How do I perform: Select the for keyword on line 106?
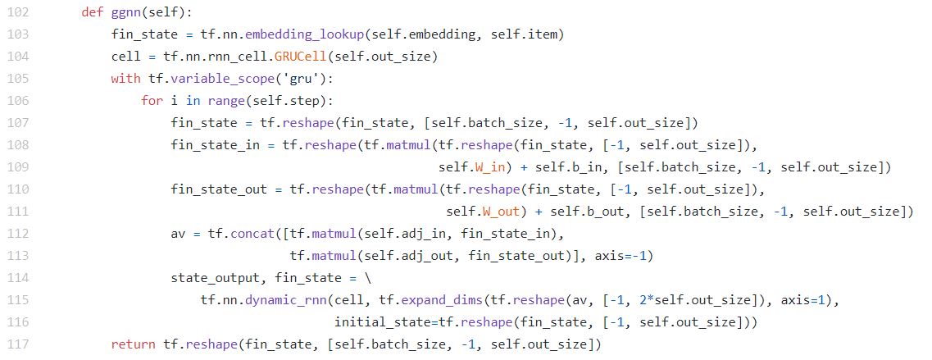pyautogui.click(x=152, y=101)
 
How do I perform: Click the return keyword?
pyautogui.click(x=133, y=344)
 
